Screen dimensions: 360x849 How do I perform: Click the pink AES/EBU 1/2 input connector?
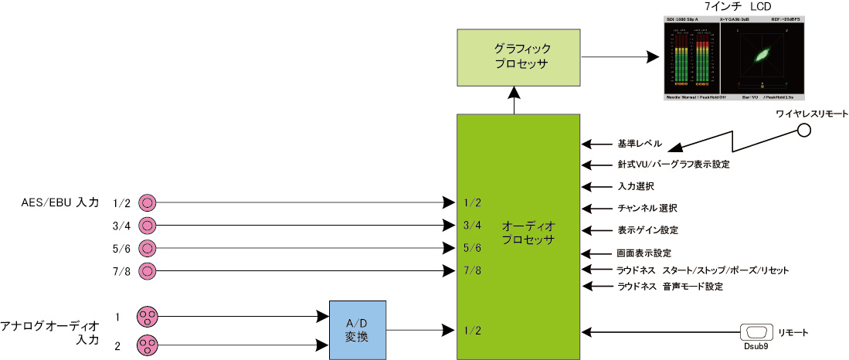147,202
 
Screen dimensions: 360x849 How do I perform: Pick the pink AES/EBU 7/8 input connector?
147,271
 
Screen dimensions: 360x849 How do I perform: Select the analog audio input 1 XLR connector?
147,316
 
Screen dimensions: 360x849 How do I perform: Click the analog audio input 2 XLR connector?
147,345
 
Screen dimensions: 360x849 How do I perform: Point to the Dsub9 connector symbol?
756,332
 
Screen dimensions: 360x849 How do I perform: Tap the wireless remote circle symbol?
804,130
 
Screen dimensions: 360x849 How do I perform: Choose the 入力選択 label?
636,187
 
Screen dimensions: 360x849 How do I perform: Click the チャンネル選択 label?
647,209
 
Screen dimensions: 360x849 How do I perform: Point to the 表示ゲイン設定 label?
647,230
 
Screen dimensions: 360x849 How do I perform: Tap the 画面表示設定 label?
644,253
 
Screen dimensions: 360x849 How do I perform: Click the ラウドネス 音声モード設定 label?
669,287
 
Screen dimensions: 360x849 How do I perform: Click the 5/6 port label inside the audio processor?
471,248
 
